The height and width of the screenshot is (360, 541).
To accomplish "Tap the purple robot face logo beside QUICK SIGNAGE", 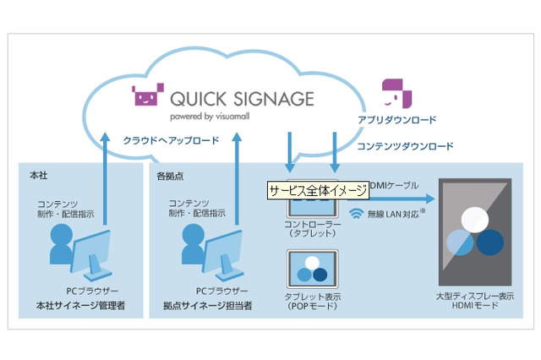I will click(x=148, y=97).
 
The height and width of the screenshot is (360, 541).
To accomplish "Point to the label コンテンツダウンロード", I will click(x=404, y=146).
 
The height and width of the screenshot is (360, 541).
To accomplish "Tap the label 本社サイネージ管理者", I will click(x=80, y=304).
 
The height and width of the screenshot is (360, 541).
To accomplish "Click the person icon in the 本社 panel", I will click(x=62, y=244).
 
